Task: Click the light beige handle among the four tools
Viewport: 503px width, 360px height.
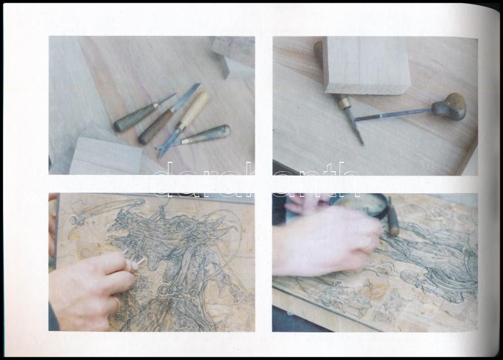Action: click(194, 109)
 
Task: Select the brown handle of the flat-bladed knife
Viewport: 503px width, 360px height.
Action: click(155, 127)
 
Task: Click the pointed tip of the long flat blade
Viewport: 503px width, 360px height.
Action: click(199, 84)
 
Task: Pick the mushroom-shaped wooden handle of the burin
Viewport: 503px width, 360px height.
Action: click(449, 106)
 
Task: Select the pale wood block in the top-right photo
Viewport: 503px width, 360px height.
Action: click(366, 65)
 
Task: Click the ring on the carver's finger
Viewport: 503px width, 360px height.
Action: click(116, 303)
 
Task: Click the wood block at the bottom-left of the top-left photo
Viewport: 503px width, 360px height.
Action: click(106, 155)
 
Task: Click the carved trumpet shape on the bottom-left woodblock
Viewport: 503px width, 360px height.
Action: click(106, 210)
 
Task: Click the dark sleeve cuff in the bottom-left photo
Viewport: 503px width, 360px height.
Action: click(53, 318)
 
